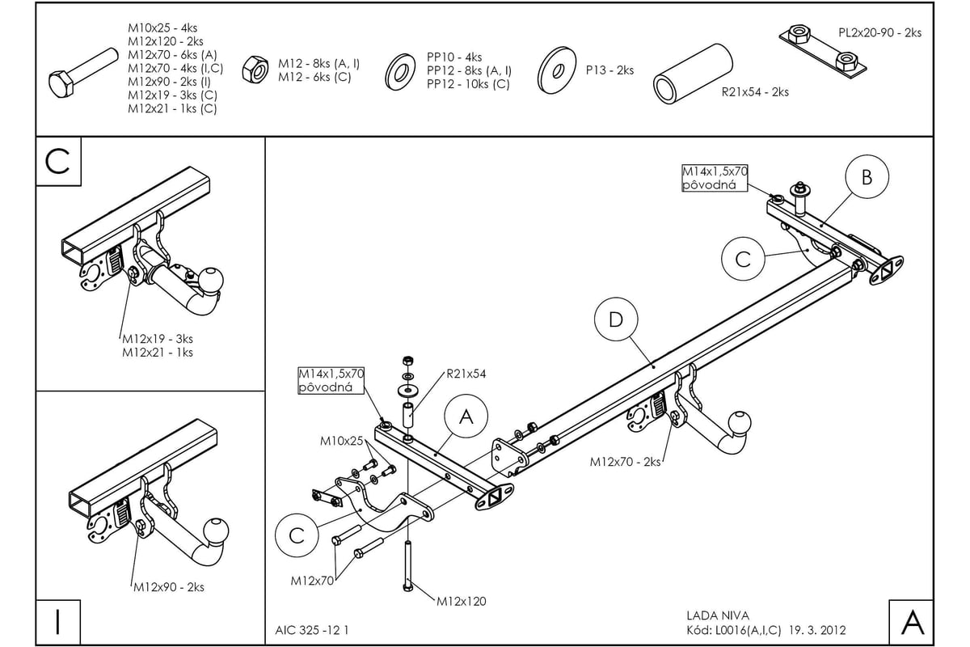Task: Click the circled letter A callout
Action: tap(466, 417)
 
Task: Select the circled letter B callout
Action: tap(867, 177)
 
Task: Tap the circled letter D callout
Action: tap(616, 320)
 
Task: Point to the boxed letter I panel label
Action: tap(57, 622)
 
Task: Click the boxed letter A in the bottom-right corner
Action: tap(911, 622)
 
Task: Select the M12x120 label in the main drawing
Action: tap(462, 601)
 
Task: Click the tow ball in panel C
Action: tap(211, 280)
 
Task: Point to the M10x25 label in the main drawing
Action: tap(343, 441)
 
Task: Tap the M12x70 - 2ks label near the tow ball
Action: tap(625, 462)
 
